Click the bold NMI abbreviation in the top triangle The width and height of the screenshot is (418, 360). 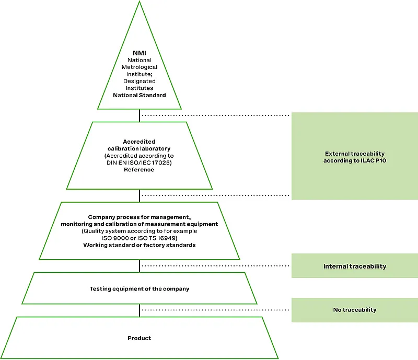pyautogui.click(x=139, y=53)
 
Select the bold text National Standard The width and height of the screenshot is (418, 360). pyautogui.click(x=139, y=95)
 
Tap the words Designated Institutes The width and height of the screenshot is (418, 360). pyautogui.click(x=139, y=85)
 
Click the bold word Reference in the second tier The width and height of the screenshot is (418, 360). pyautogui.click(x=139, y=169)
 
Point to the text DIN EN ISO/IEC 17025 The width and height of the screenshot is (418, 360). pyautogui.click(x=139, y=162)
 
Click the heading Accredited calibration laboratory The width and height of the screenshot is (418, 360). pyautogui.click(x=139, y=145)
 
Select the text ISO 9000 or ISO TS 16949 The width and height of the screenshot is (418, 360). pyautogui.click(x=139, y=238)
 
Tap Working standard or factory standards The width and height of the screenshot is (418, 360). pyautogui.click(x=139, y=245)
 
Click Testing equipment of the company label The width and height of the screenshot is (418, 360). pyautogui.click(x=139, y=288)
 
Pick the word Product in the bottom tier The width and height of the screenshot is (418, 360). pyautogui.click(x=139, y=338)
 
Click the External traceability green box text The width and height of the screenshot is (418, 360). pyautogui.click(x=355, y=154)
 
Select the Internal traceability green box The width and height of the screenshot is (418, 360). pyautogui.click(x=355, y=266)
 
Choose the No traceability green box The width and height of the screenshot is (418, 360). pyautogui.click(x=355, y=310)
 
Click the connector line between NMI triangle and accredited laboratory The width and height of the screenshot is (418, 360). pyautogui.click(x=140, y=115)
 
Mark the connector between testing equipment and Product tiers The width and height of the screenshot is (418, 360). pyautogui.click(x=140, y=310)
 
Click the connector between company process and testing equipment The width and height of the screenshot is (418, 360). pyautogui.click(x=140, y=266)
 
